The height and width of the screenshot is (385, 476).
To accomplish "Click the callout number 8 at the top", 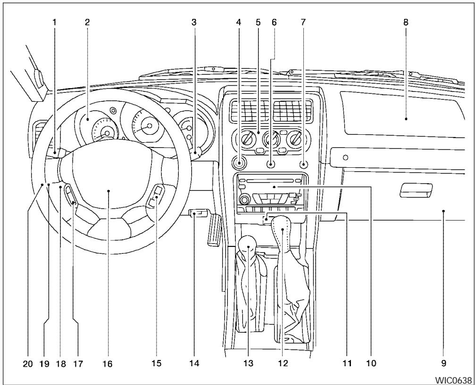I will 405,22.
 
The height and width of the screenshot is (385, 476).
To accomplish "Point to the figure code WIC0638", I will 453,379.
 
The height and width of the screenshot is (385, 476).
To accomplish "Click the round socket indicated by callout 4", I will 240,164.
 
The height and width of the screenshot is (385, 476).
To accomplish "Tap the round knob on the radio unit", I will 244,199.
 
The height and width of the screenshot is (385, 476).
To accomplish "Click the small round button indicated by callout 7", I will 303,164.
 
